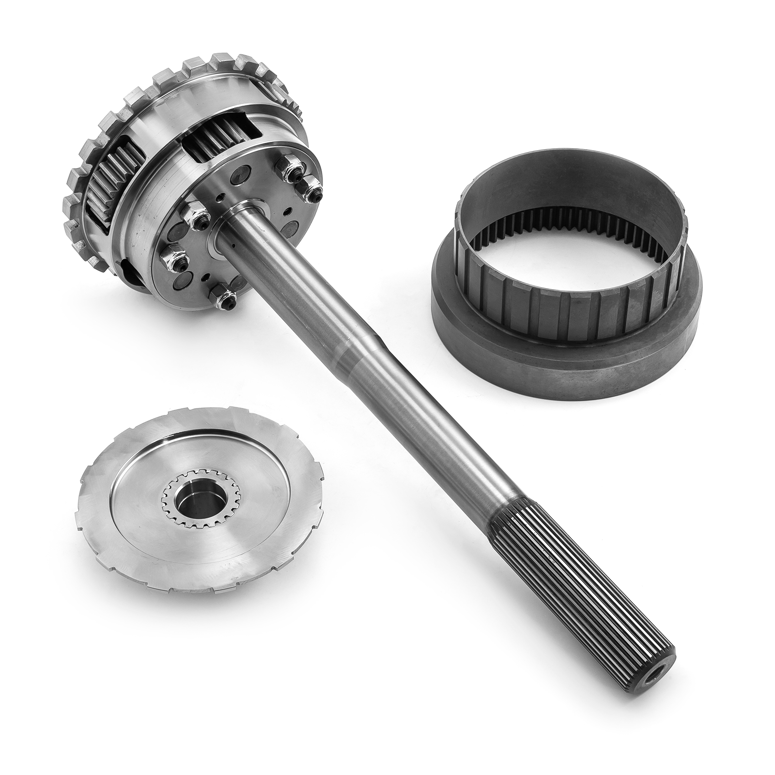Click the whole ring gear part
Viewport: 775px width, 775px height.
click(567, 271)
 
